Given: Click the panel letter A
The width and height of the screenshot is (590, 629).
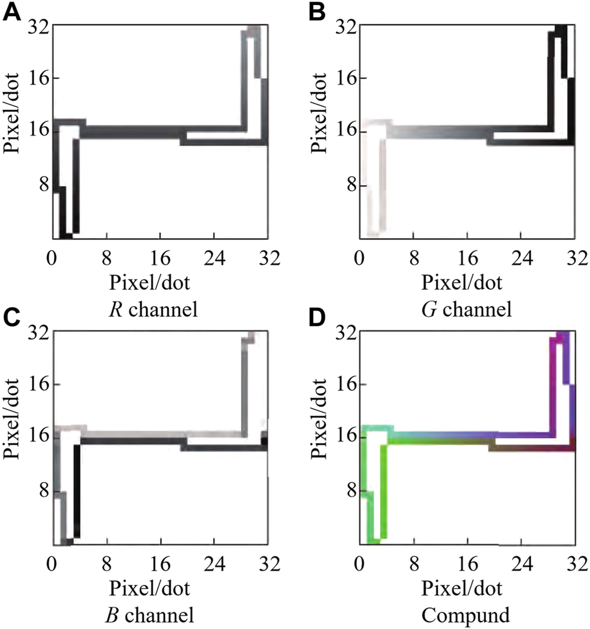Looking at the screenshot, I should click(x=12, y=11).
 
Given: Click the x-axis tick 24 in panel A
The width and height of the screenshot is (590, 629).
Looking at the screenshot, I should click(x=214, y=256).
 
